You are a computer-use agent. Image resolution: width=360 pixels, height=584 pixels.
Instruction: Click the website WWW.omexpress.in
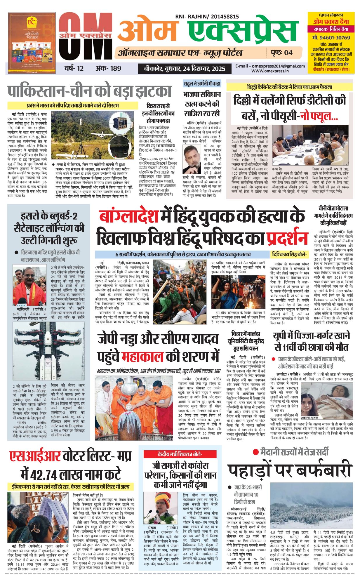tap(270, 71)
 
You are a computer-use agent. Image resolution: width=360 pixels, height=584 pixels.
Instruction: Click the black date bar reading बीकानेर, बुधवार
tap(185, 69)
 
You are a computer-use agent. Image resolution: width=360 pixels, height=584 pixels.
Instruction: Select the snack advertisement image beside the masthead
tap(32, 43)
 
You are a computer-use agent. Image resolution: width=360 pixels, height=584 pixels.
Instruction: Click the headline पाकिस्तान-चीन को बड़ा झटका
tap(89, 91)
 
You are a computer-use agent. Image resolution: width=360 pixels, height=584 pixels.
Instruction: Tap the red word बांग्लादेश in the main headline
tap(128, 216)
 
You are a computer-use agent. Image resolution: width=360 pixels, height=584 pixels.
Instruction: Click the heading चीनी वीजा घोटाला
tap(333, 208)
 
